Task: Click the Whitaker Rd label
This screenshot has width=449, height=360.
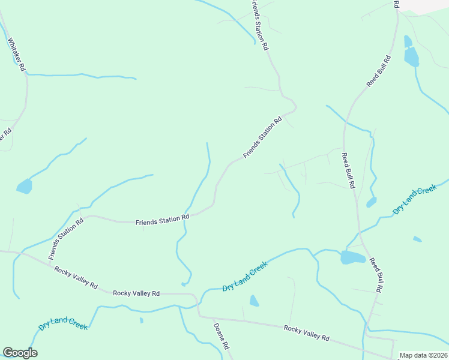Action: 16,55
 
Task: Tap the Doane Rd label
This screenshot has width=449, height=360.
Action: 220,337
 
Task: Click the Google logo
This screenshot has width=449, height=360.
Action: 20,353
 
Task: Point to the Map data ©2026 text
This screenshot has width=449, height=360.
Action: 423,355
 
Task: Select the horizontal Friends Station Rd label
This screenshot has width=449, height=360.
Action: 162,221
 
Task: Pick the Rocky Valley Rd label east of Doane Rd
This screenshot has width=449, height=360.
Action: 307,333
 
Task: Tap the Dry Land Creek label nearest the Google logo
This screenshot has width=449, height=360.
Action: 63,325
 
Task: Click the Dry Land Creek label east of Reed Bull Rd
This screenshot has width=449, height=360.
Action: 414,200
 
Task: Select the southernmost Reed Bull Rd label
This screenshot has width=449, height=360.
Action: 376,275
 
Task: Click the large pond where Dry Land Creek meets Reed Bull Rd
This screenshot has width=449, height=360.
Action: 353,257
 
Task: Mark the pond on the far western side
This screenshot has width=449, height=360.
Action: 24,187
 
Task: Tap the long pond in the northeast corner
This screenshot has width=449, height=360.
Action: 411,55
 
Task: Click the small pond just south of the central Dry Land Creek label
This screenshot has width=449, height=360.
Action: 254,301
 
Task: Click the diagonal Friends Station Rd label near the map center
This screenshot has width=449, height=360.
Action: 262,138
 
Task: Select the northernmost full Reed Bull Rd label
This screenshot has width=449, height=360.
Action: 379,72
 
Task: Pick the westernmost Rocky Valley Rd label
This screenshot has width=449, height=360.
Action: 76,278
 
